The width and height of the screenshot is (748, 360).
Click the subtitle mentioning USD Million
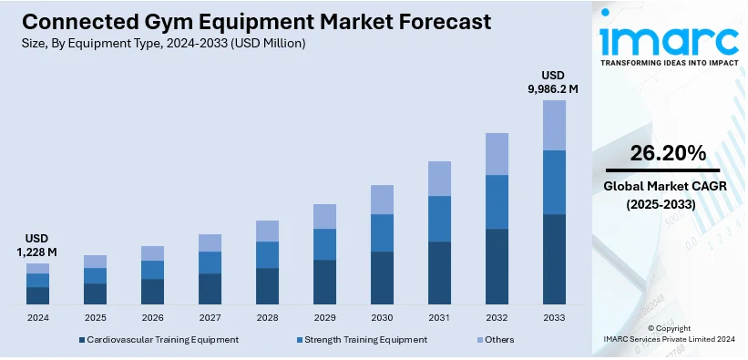(x=161, y=43)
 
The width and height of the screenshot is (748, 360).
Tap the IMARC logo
(x=669, y=42)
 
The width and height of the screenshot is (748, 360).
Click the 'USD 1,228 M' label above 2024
(x=38, y=244)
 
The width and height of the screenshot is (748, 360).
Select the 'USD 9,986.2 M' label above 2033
(x=554, y=81)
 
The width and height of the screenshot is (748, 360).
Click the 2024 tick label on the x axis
(x=38, y=318)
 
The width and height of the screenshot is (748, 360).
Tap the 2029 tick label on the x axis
(x=324, y=318)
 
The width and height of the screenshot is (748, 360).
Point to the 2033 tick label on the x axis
(x=554, y=318)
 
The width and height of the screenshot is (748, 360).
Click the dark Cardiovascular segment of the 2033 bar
(x=554, y=259)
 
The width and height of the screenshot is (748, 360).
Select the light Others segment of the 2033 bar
(x=554, y=125)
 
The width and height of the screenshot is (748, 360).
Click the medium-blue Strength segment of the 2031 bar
(x=439, y=219)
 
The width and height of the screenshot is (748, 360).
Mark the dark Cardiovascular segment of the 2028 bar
(x=267, y=285)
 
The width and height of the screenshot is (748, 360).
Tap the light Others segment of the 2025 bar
(x=96, y=262)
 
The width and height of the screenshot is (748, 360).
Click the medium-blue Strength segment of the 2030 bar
(x=382, y=232)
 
